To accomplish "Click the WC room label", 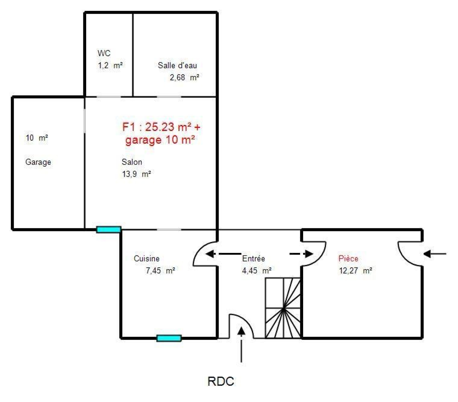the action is click(x=104, y=53).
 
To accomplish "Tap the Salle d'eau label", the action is click(x=177, y=65).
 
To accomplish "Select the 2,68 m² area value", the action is click(x=184, y=77).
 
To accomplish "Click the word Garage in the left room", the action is click(x=38, y=162).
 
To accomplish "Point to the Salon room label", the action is click(x=132, y=162).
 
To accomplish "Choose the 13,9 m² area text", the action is click(x=136, y=174).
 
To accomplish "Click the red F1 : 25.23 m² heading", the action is click(x=161, y=127).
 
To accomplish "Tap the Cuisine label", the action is click(x=147, y=259).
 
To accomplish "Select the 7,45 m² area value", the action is click(x=160, y=271).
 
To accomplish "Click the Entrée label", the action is click(x=253, y=259).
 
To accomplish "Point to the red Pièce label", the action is click(x=348, y=259).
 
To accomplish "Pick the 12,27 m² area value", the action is click(x=356, y=271).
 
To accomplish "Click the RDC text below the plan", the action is click(x=221, y=381).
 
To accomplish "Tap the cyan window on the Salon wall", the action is click(x=108, y=229).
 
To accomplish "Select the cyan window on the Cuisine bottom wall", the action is click(x=169, y=338).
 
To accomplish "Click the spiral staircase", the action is click(x=283, y=308).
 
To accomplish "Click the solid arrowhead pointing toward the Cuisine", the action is click(x=210, y=254).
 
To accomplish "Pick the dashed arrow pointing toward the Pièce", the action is click(x=301, y=254).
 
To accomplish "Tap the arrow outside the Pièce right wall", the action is click(x=435, y=254).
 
